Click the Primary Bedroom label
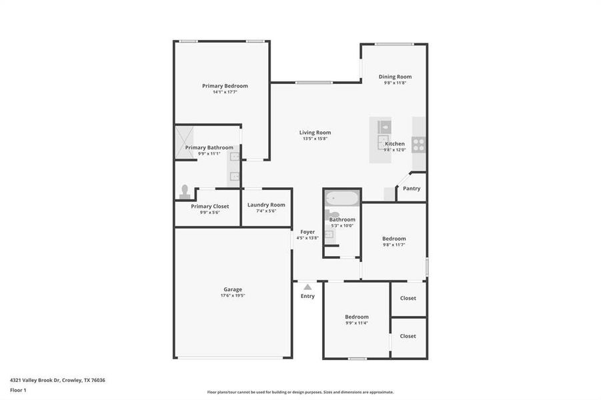(225, 86)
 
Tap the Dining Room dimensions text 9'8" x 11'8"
(395, 83)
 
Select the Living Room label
(315, 133)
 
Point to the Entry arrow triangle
(308, 287)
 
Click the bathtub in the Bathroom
(342, 198)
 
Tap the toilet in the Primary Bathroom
(185, 191)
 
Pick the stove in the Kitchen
(418, 144)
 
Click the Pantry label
(412, 189)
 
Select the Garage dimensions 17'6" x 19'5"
(233, 295)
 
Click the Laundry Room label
(266, 205)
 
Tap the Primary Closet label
(209, 207)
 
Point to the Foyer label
(308, 232)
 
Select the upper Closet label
(408, 299)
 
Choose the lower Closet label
(408, 336)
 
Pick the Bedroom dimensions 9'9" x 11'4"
(356, 323)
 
